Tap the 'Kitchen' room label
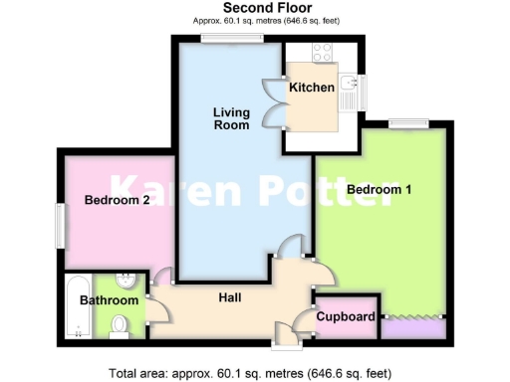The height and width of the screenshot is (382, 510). pyautogui.click(x=311, y=88)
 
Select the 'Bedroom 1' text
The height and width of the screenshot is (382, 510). pyautogui.click(x=379, y=188)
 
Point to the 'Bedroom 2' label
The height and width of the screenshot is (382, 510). pyautogui.click(x=117, y=200)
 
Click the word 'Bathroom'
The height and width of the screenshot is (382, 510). pyautogui.click(x=109, y=299)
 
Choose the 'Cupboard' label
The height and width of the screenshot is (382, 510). pyautogui.click(x=347, y=317)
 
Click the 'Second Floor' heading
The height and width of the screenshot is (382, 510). pyautogui.click(x=255, y=7)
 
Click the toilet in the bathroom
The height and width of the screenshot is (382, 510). pyautogui.click(x=122, y=322)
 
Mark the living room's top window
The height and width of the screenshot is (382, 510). pyautogui.click(x=232, y=39)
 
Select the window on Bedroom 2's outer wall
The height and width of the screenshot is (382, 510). pyautogui.click(x=59, y=225)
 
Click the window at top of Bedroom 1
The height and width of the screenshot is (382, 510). pyautogui.click(x=408, y=124)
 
